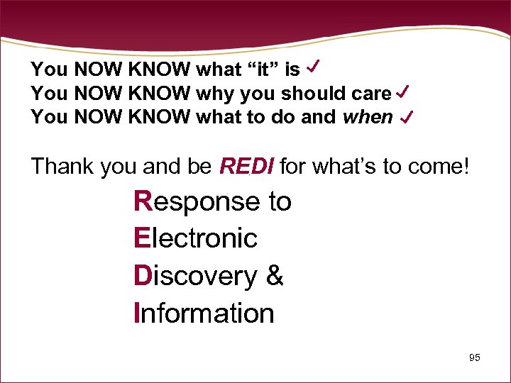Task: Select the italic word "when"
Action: point(367,117)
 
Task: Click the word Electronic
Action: point(195,238)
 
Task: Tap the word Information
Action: point(204,312)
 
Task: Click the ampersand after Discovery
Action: point(275,275)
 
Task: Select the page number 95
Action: point(475,357)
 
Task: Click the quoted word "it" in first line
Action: point(258,70)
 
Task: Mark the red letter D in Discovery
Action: point(143,275)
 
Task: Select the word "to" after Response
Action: point(279,202)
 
